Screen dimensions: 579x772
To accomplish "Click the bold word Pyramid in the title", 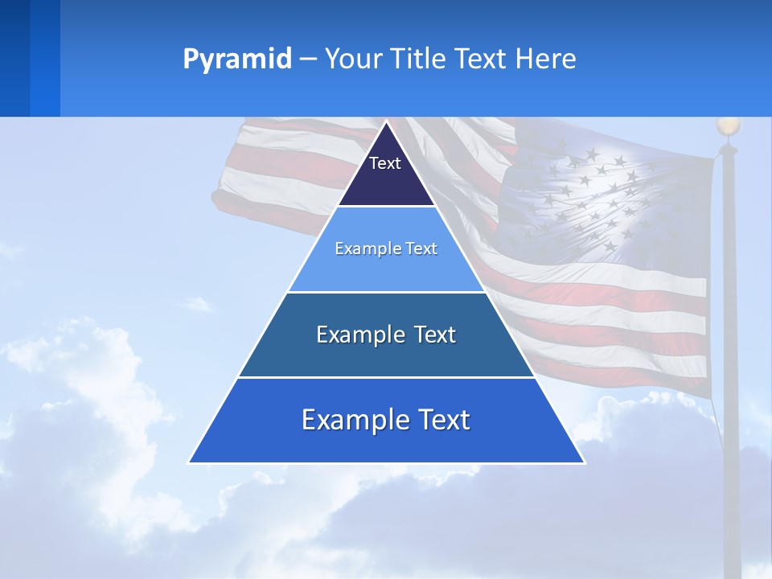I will (x=237, y=59).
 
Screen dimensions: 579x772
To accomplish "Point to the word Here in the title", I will (x=545, y=59).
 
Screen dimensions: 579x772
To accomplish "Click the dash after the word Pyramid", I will (x=308, y=60).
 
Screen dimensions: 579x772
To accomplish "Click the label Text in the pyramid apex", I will (x=385, y=163).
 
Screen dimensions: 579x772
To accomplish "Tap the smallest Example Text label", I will (x=386, y=248).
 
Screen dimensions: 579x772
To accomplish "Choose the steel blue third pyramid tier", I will (x=386, y=354).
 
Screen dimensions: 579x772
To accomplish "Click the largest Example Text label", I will (x=386, y=420).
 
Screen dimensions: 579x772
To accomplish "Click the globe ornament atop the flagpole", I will (x=728, y=125).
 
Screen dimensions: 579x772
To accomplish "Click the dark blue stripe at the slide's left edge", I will (x=14, y=58).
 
